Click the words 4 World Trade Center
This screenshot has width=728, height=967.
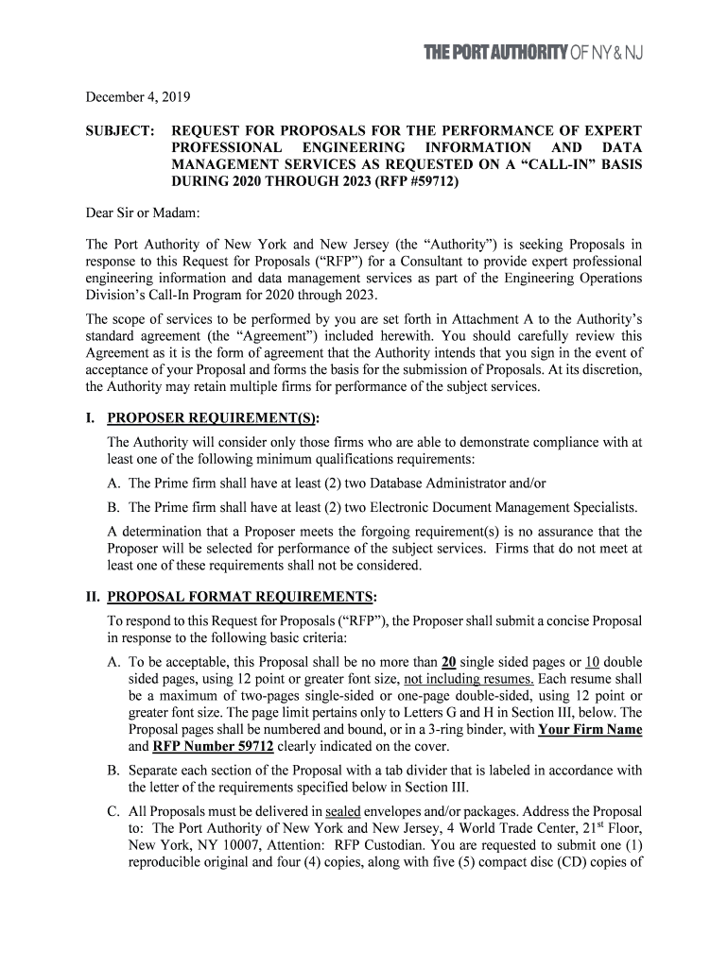pos(458,829)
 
